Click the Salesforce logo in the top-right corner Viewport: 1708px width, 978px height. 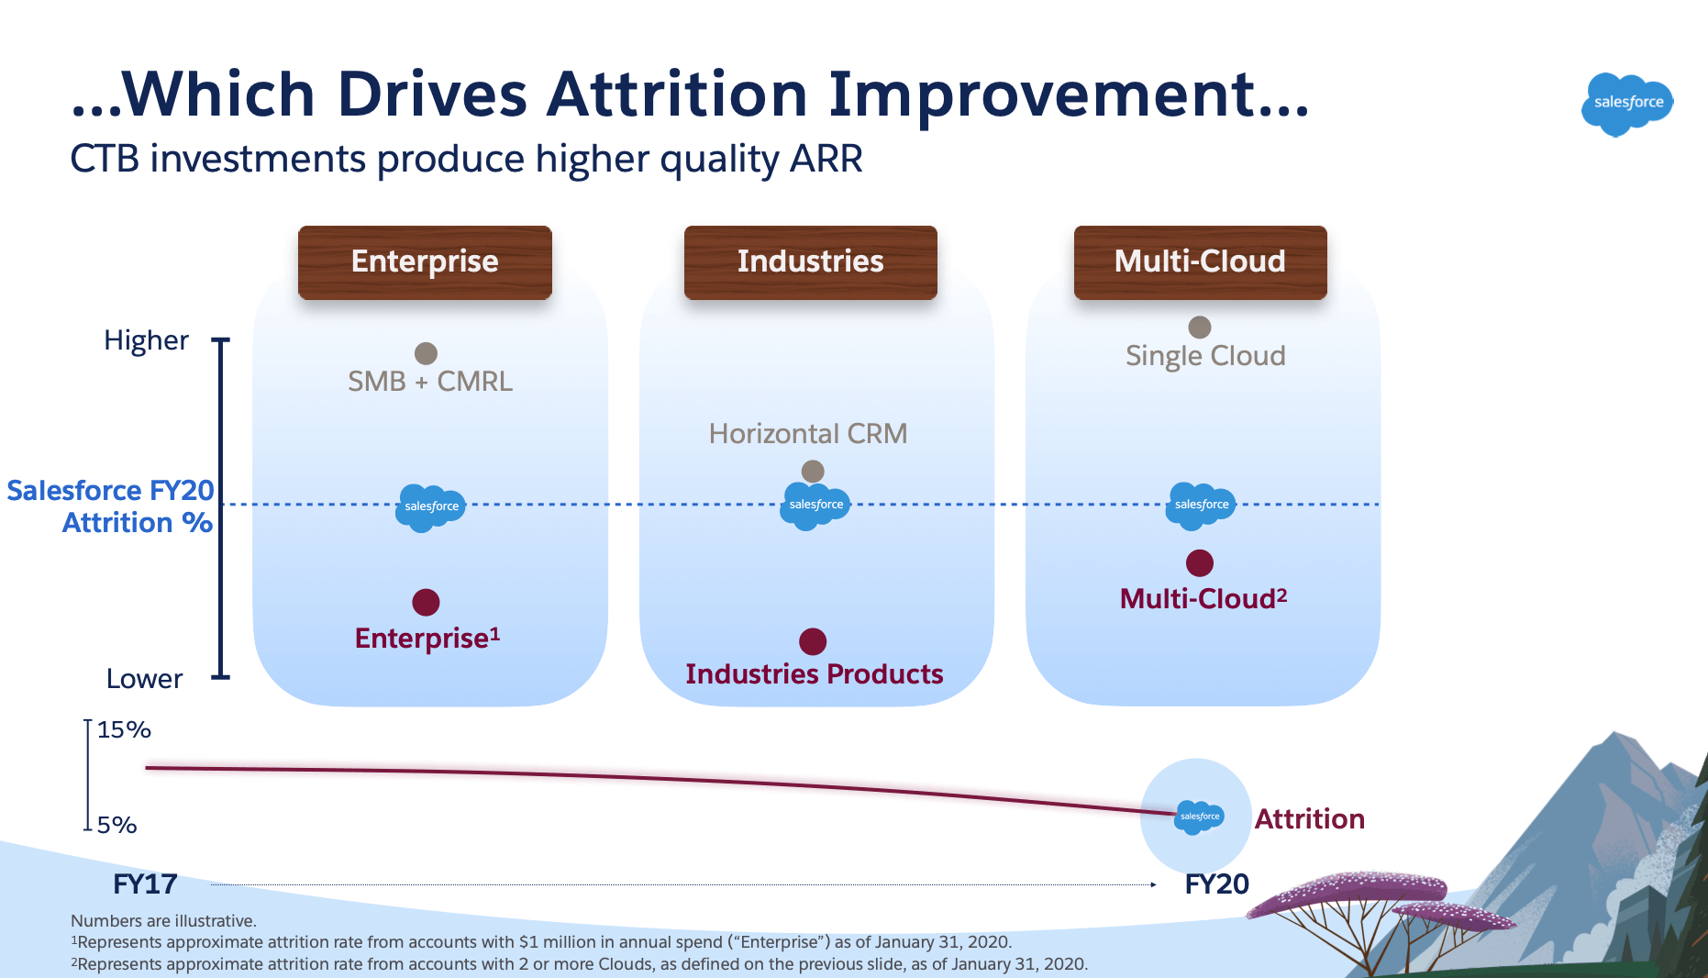(x=1627, y=103)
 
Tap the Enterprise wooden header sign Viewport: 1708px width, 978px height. (x=425, y=261)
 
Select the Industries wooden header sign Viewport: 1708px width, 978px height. (x=810, y=261)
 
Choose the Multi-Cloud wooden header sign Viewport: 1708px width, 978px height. (x=1200, y=261)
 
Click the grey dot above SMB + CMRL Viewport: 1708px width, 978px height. (x=426, y=353)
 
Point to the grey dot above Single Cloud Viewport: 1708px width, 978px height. (x=1200, y=328)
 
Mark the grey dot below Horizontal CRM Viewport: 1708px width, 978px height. (x=813, y=472)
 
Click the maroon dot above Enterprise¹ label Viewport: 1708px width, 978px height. (x=426, y=602)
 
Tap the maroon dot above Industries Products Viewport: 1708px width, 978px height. (x=813, y=641)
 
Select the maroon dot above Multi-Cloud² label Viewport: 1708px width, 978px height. (x=1200, y=562)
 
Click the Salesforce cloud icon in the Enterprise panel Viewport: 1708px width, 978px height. (x=430, y=507)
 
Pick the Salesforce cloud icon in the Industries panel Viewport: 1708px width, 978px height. (x=815, y=506)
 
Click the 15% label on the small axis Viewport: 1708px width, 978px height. (x=124, y=730)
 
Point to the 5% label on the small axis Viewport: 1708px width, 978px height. (x=117, y=826)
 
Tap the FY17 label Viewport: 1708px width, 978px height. (x=145, y=884)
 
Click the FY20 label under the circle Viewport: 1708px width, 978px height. (x=1216, y=884)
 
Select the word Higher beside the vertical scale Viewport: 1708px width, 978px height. (x=146, y=340)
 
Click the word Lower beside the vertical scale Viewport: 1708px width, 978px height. (x=144, y=679)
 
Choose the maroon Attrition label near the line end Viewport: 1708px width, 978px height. (x=1309, y=818)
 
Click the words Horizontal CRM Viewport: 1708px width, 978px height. (x=808, y=433)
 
